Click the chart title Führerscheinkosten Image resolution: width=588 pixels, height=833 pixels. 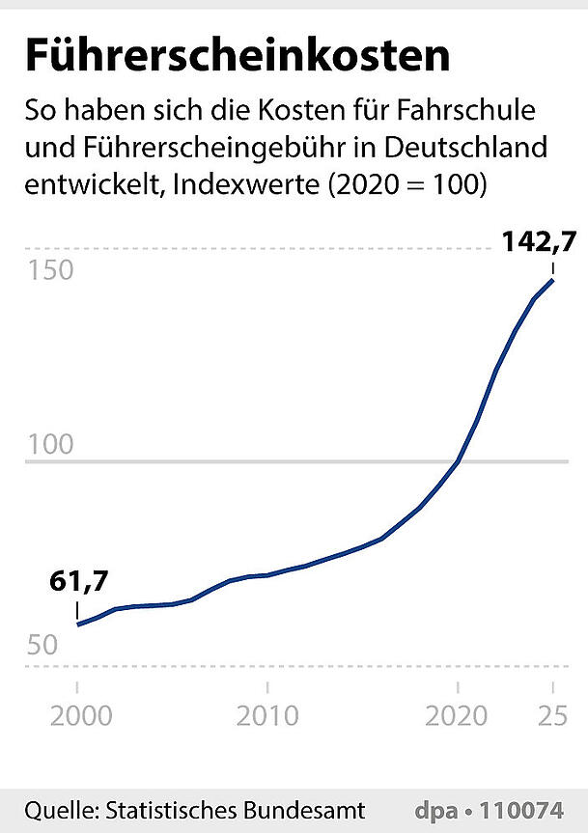237,55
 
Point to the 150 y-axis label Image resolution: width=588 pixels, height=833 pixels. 49,269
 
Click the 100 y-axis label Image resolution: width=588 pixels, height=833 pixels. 49,446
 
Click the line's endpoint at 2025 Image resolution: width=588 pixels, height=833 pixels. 552,280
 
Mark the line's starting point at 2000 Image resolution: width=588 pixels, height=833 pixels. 77,625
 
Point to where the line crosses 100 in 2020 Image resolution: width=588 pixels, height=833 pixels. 458,462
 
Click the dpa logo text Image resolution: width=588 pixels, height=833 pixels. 434,809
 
